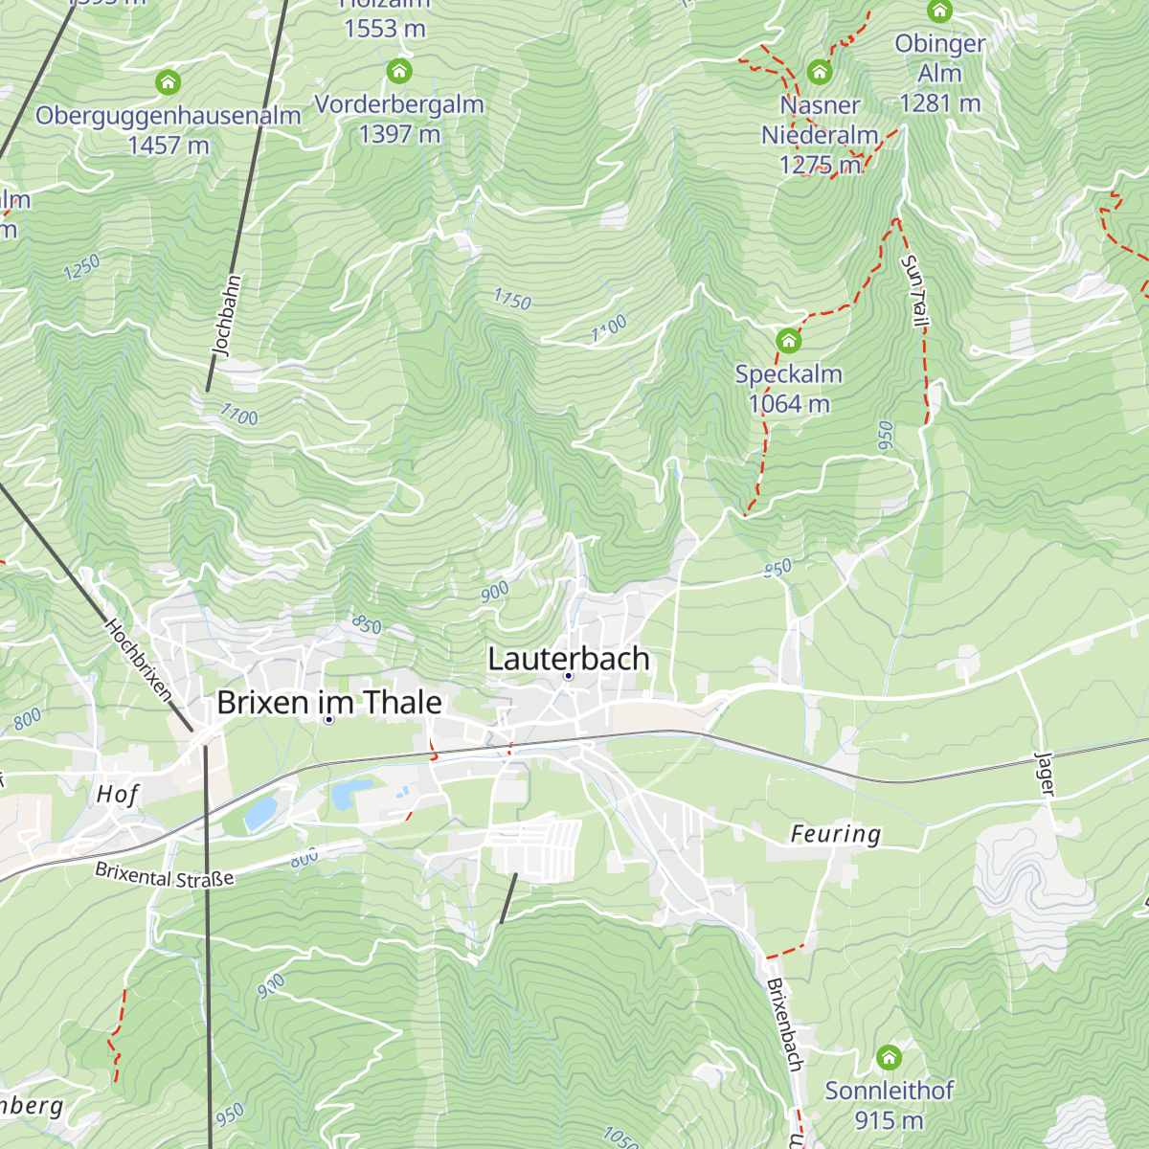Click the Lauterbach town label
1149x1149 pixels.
click(x=569, y=659)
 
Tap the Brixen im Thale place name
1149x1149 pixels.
click(x=329, y=702)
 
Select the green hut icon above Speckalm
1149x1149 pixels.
click(x=788, y=340)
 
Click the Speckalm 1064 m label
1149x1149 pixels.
click(x=789, y=389)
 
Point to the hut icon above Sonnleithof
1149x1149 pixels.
click(x=890, y=1057)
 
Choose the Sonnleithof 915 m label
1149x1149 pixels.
click(x=890, y=1105)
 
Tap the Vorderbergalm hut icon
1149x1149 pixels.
click(x=399, y=71)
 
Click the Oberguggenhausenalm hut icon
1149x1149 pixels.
click(x=168, y=82)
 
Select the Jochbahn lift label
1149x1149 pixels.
click(x=226, y=316)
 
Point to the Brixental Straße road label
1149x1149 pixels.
click(x=165, y=874)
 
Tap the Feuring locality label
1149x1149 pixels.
click(x=835, y=834)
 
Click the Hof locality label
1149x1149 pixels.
click(x=118, y=794)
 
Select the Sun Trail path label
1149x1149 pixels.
click(x=914, y=292)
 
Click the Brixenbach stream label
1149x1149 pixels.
click(x=784, y=1024)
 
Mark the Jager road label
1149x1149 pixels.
click(x=1045, y=774)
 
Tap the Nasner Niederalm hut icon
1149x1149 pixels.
click(x=819, y=72)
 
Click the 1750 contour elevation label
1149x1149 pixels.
click(x=512, y=300)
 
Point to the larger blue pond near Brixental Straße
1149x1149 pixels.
click(x=259, y=813)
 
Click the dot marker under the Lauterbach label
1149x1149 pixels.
click(x=568, y=676)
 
